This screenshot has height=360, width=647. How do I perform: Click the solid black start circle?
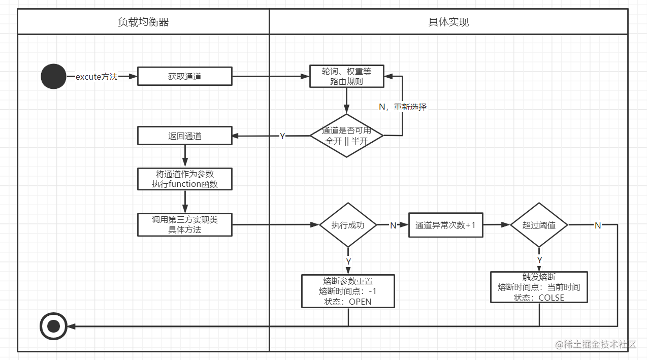coord(53,77)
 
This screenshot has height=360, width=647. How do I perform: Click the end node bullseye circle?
coord(53,326)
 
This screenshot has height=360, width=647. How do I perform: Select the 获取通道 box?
coord(184,76)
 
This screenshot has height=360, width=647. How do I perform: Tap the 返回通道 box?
coord(184,136)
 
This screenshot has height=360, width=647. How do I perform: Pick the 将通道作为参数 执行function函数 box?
coord(184,179)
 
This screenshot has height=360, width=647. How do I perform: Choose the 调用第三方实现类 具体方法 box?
coord(184,224)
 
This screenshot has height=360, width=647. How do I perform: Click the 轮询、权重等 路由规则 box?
coord(346,76)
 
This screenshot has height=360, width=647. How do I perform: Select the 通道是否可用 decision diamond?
coord(346,136)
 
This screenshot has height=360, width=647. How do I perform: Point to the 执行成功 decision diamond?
coord(348,225)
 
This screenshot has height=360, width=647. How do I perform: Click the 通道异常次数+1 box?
coord(446,225)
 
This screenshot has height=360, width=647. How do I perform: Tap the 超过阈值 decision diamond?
coord(539,225)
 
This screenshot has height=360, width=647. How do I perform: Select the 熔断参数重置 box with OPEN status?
coord(348,291)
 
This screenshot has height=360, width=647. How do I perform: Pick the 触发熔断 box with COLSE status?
coord(539,287)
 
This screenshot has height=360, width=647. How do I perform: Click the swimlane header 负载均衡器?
coord(143,22)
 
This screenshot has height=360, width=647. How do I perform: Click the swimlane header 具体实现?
coord(448,22)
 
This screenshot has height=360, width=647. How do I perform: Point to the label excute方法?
coord(97,77)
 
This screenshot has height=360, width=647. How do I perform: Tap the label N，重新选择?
coord(403,107)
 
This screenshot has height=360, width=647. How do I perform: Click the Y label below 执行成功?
coord(348,261)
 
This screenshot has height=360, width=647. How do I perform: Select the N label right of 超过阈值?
coord(598,225)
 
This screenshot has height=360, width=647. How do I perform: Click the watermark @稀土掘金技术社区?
coord(596,344)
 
